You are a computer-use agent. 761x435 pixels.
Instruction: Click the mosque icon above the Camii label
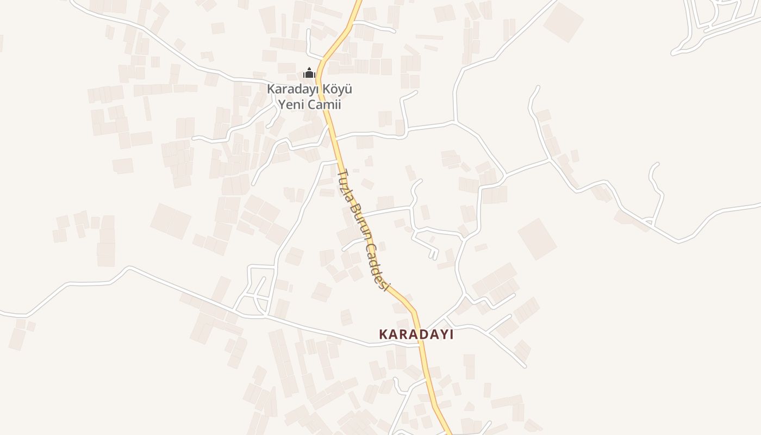point(309,73)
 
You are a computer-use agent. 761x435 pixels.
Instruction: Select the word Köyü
point(338,89)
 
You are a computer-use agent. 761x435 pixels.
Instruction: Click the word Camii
point(324,104)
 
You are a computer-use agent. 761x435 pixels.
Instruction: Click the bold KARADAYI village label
point(416,334)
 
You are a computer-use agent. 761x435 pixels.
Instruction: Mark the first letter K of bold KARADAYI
point(383,334)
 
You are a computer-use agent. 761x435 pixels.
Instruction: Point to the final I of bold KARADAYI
point(451,334)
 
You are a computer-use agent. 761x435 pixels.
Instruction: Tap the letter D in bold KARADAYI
point(421,334)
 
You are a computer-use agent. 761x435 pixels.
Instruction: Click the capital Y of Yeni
point(283,104)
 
